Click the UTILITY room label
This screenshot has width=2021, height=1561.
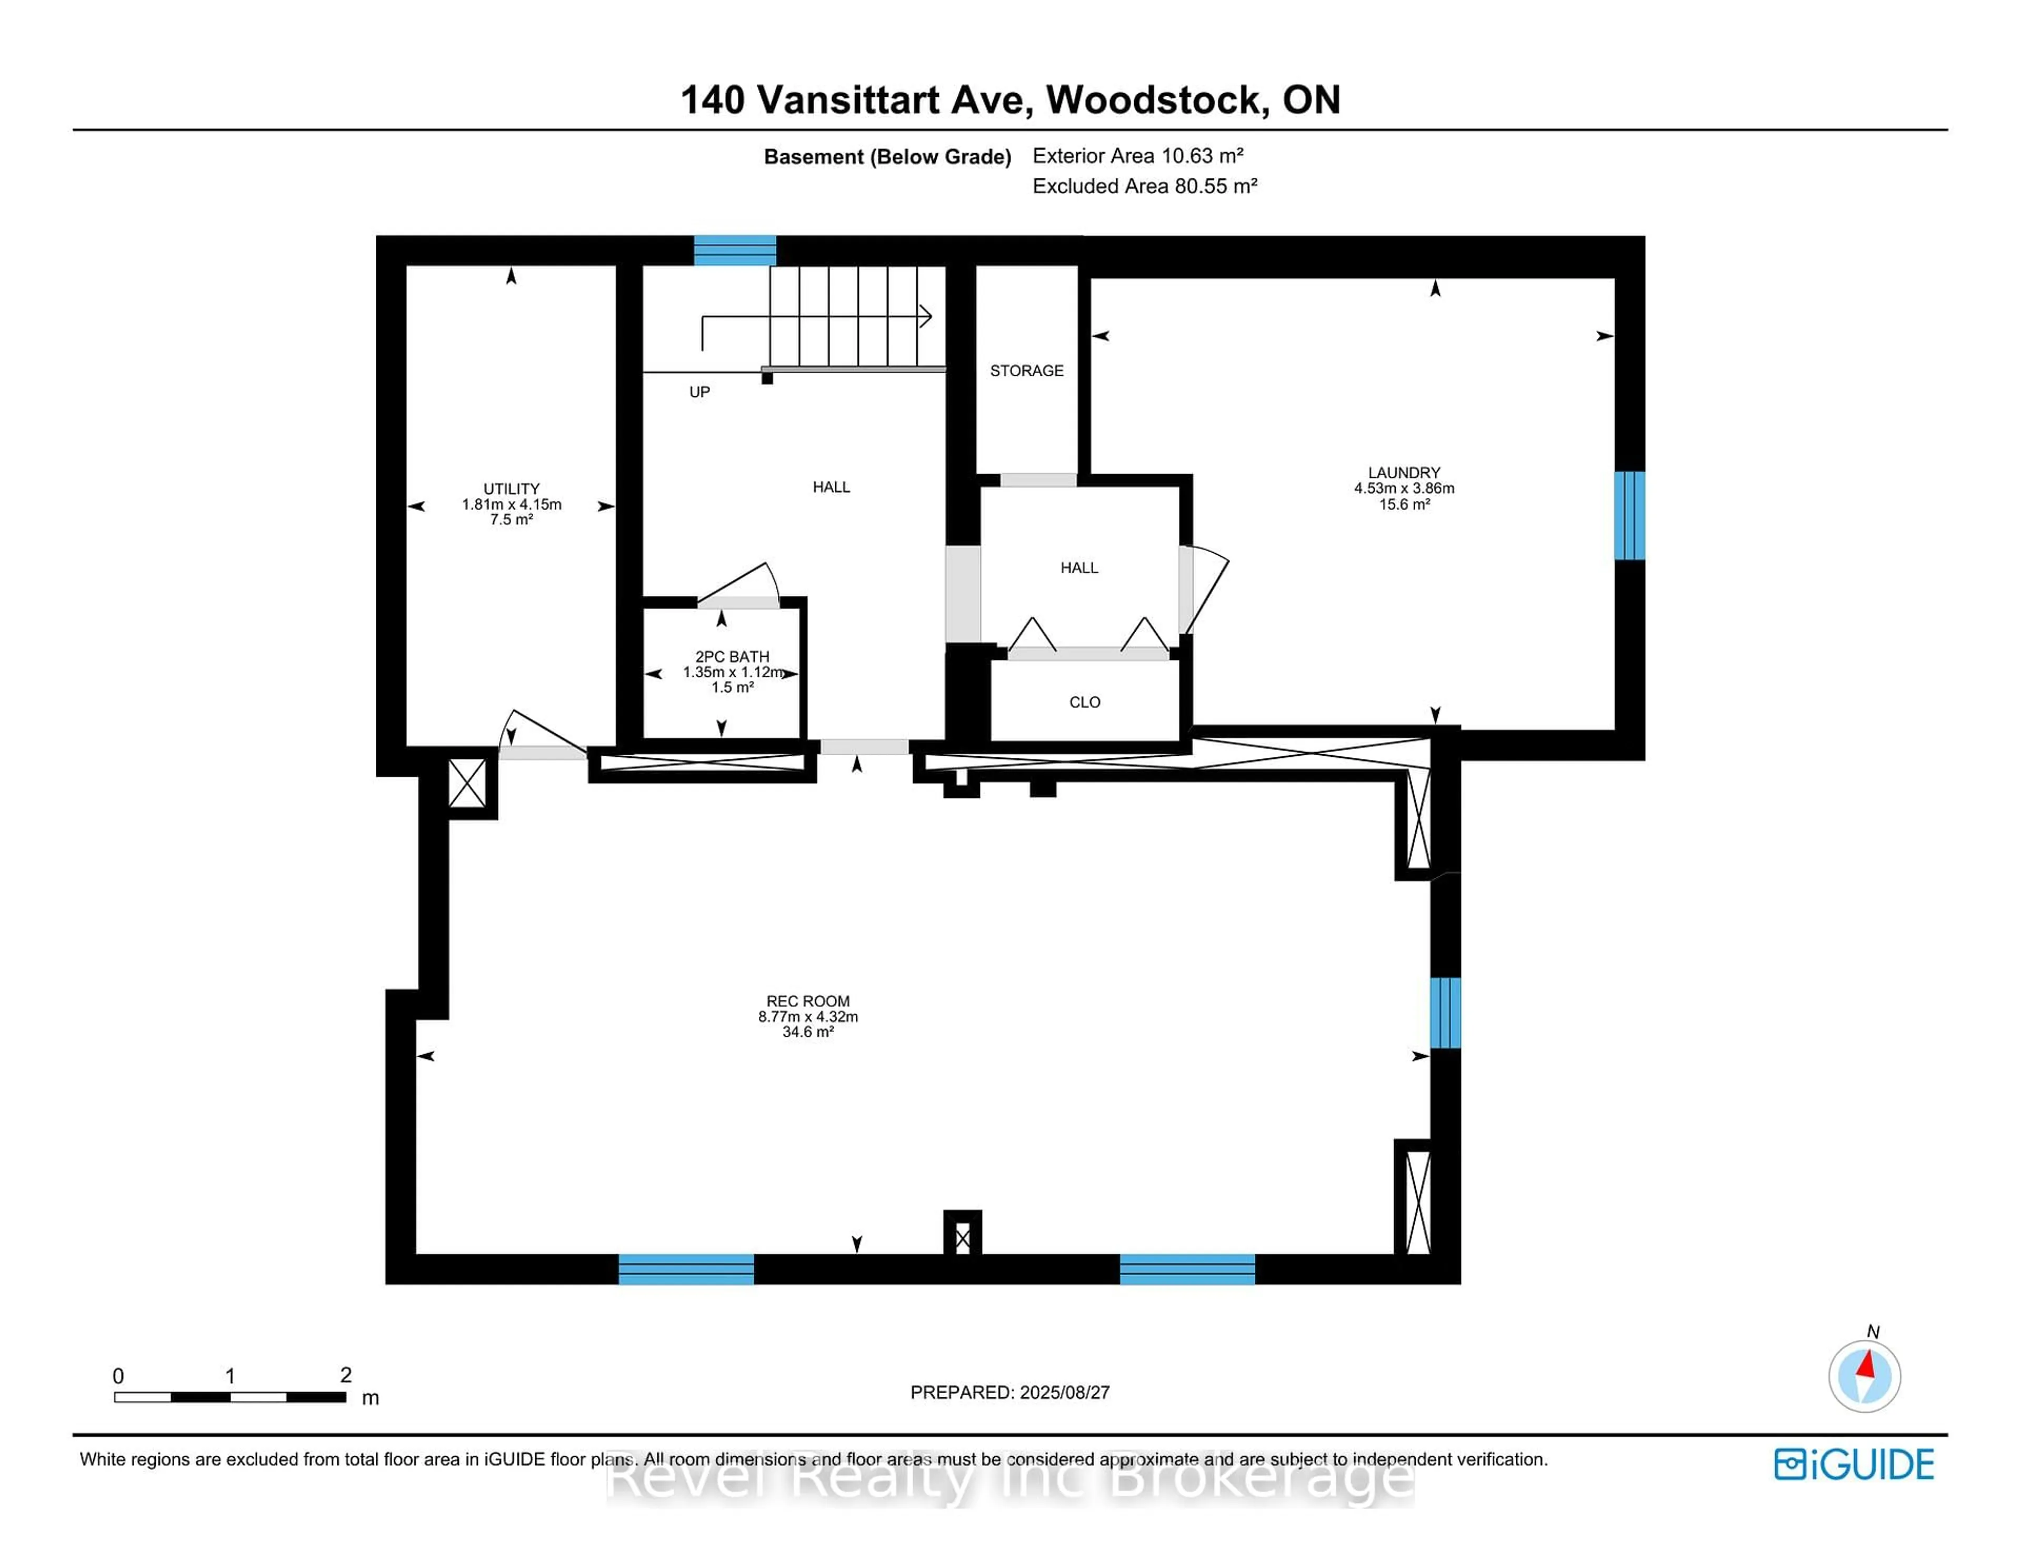[511, 488]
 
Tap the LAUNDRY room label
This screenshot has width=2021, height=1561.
[1404, 473]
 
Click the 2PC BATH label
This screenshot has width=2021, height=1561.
[732, 657]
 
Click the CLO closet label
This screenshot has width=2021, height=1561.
[1085, 702]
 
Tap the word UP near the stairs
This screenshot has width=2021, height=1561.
[699, 392]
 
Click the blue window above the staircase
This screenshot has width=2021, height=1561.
[735, 251]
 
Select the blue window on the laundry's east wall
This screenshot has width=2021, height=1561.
[1629, 515]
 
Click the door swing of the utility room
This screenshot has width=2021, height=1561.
[539, 731]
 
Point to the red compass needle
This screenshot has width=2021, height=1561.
[1866, 1365]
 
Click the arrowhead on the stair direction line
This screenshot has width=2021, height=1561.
[925, 316]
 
